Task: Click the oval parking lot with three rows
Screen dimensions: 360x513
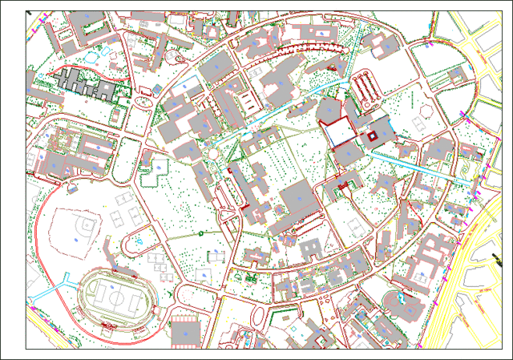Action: point(364,84)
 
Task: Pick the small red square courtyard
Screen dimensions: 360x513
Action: point(372,136)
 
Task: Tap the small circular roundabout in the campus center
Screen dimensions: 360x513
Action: point(212,152)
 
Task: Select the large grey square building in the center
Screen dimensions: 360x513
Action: point(297,198)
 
